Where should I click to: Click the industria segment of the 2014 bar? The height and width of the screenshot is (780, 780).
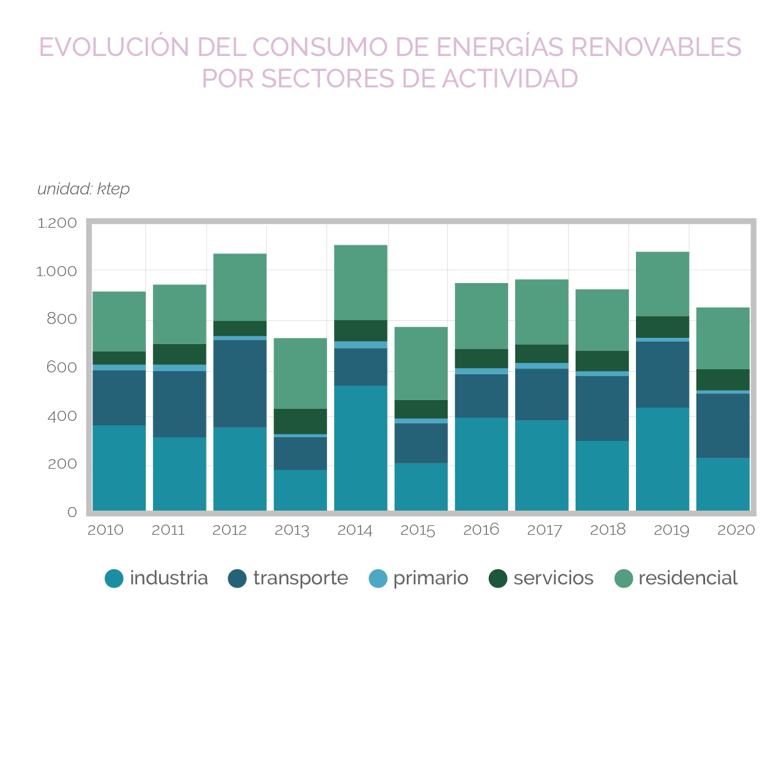(360, 448)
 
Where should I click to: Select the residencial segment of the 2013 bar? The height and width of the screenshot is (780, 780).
(300, 374)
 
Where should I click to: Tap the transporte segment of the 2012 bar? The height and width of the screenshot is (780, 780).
(240, 384)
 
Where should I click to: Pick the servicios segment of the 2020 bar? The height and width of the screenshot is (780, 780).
(723, 380)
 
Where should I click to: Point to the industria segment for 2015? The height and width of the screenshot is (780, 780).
(421, 487)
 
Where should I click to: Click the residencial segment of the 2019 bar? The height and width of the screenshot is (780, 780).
(662, 284)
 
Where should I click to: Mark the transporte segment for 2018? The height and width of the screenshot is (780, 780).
(602, 408)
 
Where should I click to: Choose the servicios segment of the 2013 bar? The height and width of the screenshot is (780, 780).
(300, 421)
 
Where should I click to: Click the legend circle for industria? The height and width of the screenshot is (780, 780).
(114, 578)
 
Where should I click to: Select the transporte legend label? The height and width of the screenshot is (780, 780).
(300, 578)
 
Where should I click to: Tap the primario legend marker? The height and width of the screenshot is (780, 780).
(378, 578)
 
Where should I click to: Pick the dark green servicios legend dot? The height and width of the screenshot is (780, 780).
(498, 578)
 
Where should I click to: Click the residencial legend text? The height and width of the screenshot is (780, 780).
(688, 578)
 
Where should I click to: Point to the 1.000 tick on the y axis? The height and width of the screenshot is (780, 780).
(57, 271)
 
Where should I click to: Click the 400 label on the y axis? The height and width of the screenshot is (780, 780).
(62, 416)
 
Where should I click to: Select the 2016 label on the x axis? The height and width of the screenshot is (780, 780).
(481, 530)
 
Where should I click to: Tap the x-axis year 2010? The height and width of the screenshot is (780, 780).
(105, 530)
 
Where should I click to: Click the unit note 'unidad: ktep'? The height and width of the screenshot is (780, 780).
(84, 189)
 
